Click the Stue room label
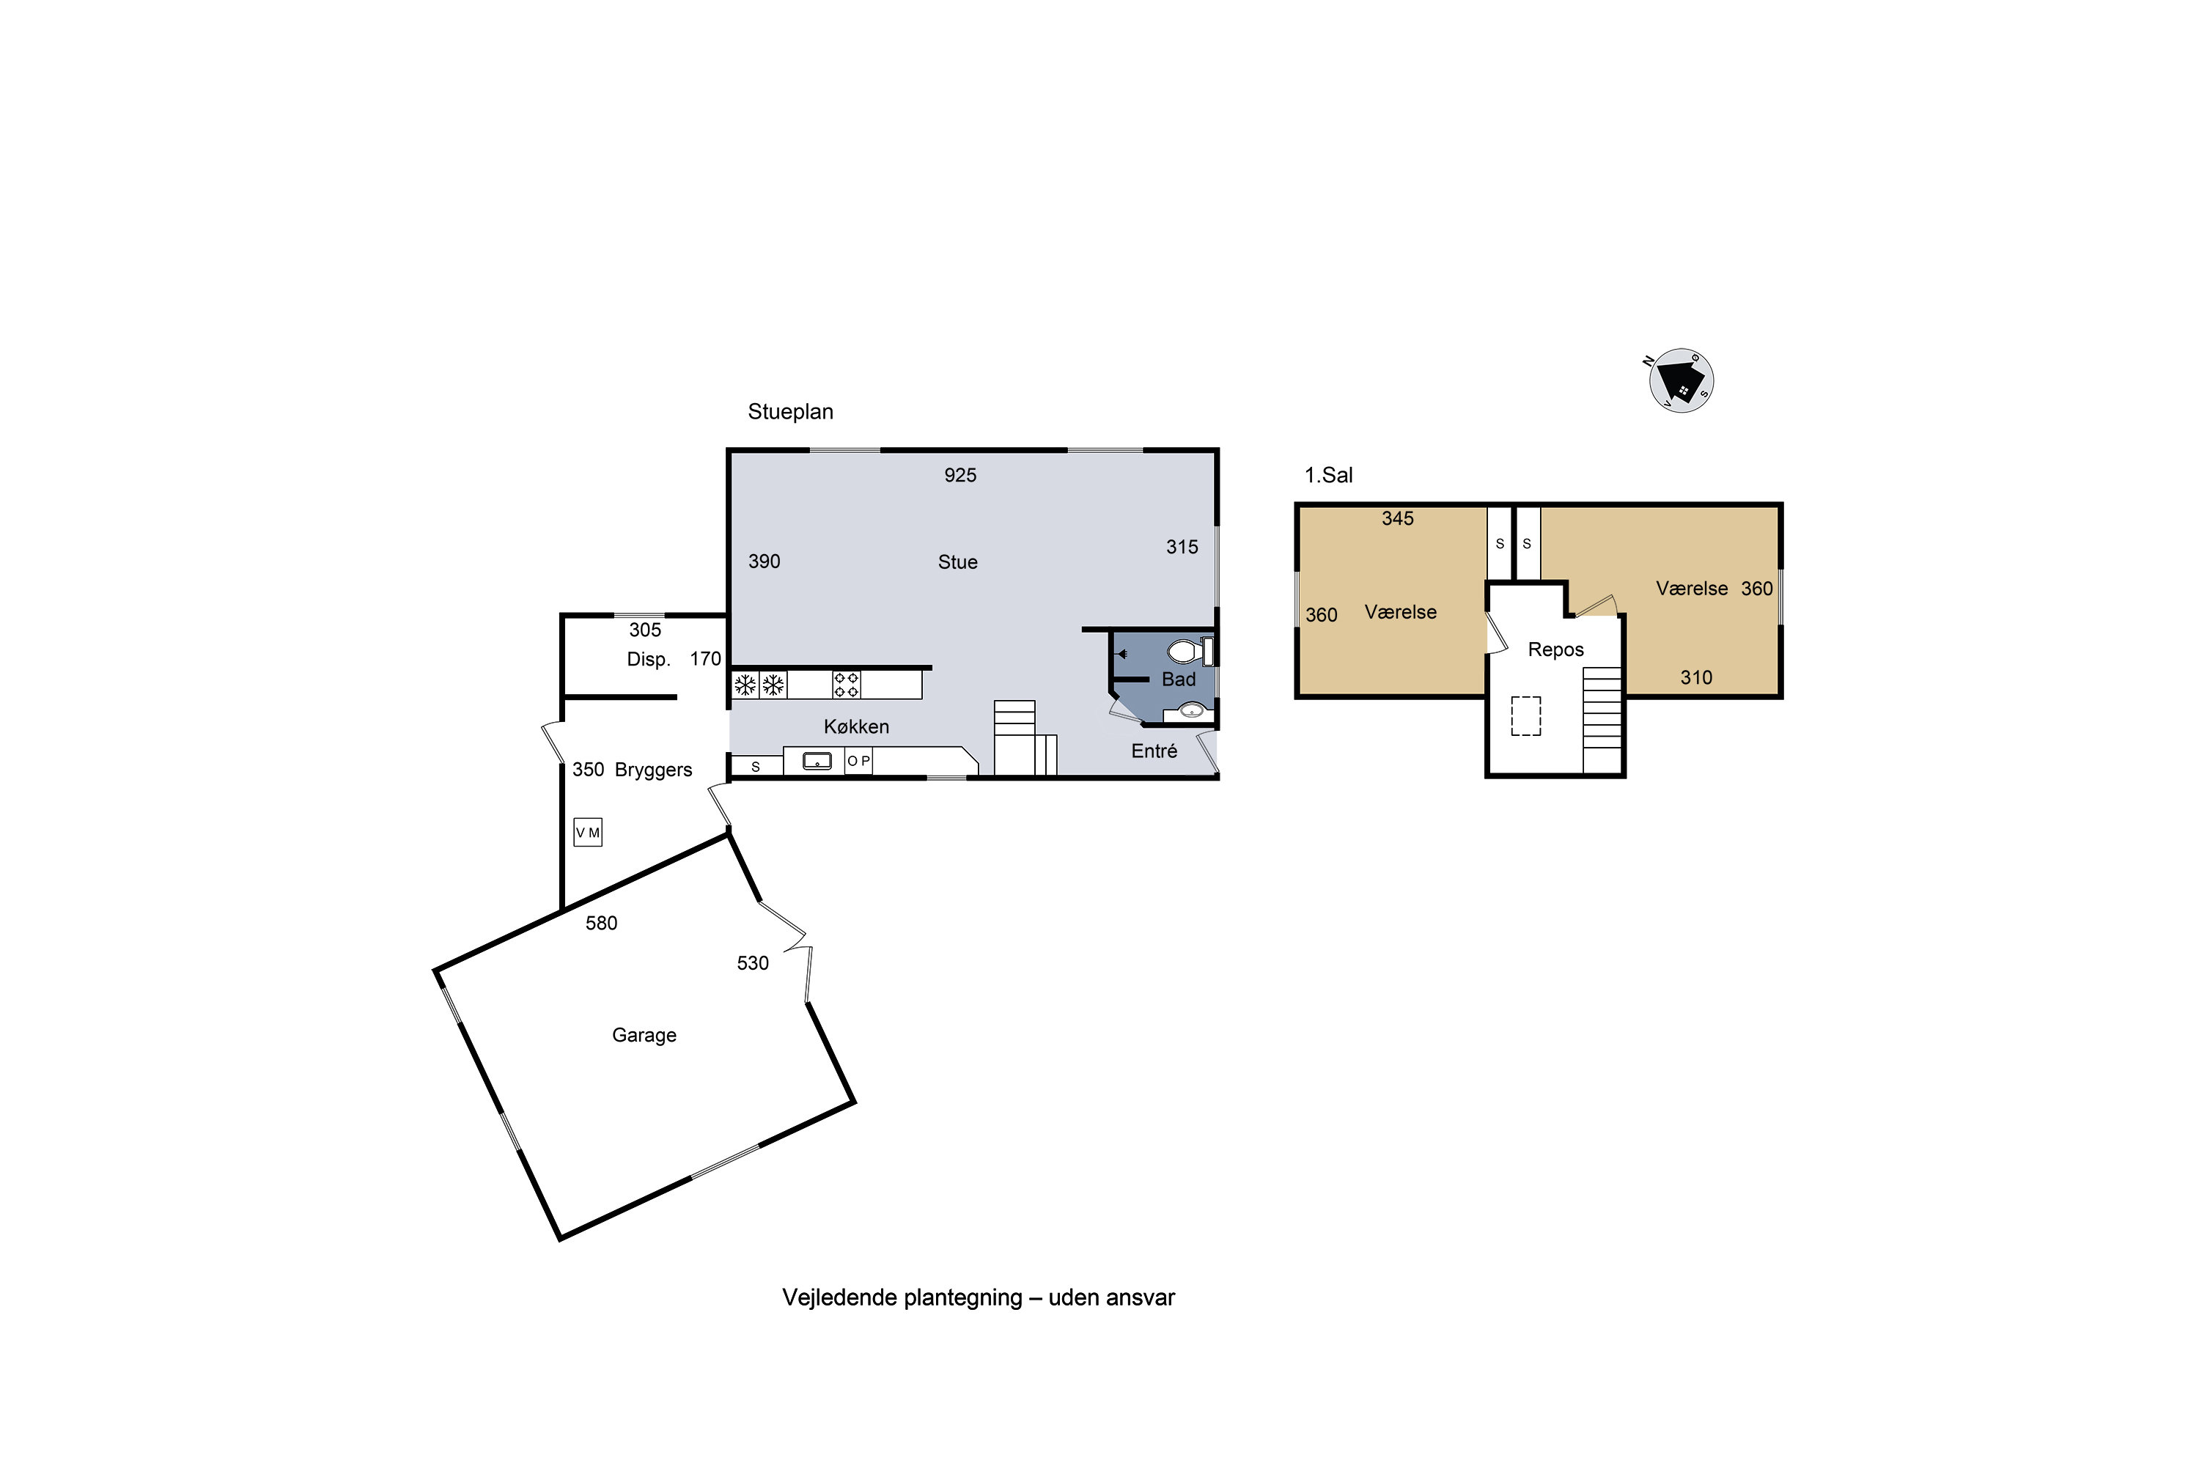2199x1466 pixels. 957,562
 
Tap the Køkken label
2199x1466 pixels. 856,726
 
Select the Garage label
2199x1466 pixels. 644,1035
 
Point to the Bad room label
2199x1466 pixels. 1178,679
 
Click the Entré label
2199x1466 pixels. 1154,751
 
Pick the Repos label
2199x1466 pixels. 1555,649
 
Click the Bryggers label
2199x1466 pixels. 654,770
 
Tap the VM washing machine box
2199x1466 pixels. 588,832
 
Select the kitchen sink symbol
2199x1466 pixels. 817,761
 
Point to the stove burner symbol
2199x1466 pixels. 846,685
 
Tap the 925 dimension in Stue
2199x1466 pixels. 960,475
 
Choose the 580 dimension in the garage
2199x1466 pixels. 601,924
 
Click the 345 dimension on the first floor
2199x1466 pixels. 1398,519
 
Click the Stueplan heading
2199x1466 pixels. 790,411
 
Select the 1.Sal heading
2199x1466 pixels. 1328,475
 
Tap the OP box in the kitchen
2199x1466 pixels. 858,761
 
